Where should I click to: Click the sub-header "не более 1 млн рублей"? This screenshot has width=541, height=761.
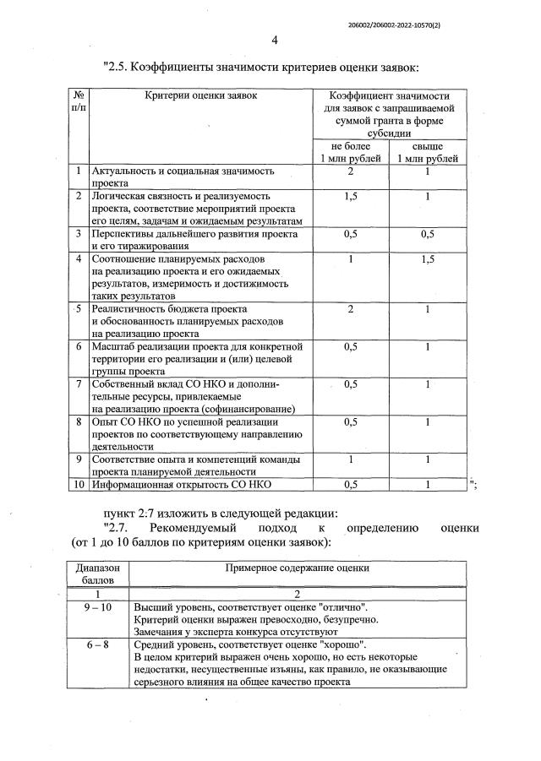tap(349, 152)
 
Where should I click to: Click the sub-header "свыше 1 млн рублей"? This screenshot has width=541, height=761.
tap(428, 152)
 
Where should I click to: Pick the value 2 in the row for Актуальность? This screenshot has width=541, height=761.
tap(349, 171)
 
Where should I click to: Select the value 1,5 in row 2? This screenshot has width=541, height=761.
tap(349, 196)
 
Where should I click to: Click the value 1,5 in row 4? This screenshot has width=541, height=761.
tap(428, 259)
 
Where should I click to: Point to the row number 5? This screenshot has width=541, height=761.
tap(78, 309)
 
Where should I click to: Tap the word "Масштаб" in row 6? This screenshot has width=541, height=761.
tap(114, 346)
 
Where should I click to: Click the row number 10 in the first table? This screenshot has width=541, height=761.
tap(78, 485)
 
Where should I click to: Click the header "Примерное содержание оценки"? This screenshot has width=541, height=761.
tap(295, 569)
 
